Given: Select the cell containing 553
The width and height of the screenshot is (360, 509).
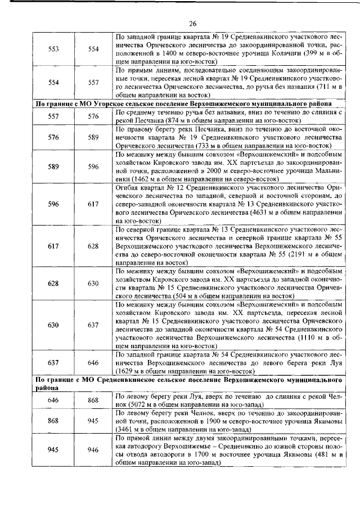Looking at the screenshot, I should tap(54, 49).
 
